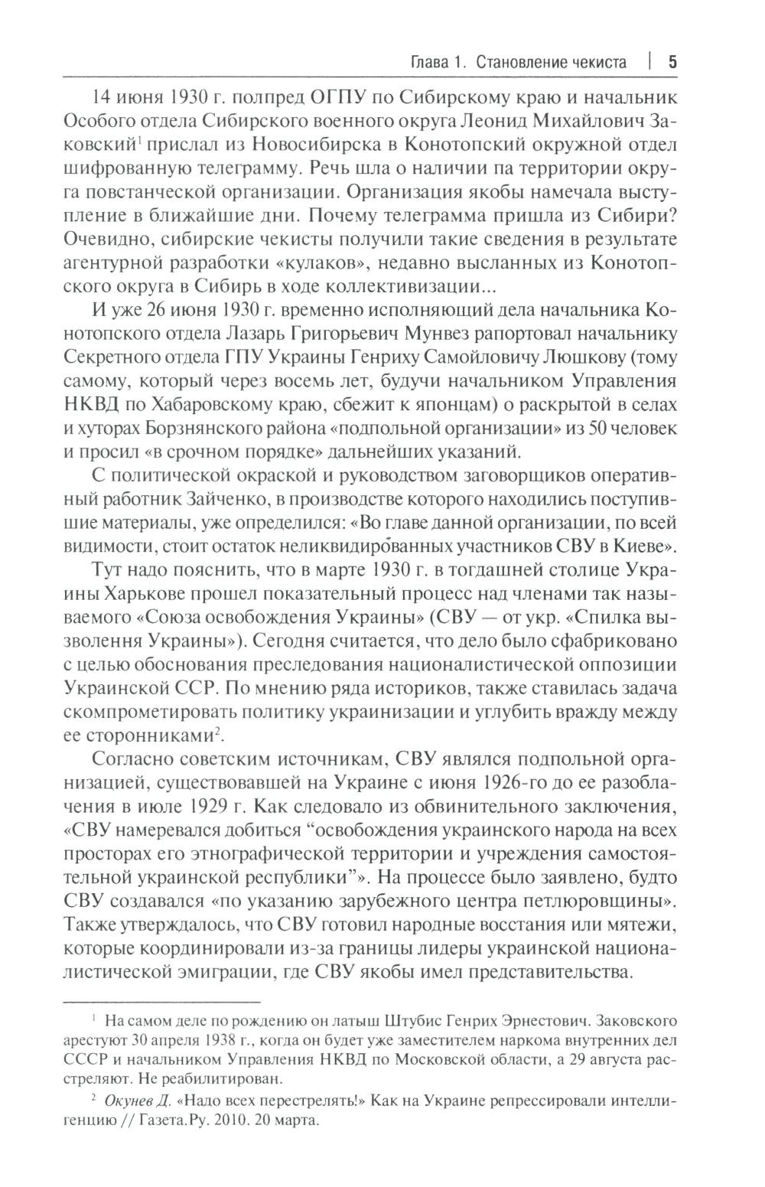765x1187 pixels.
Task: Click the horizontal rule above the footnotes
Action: click(161, 1000)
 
